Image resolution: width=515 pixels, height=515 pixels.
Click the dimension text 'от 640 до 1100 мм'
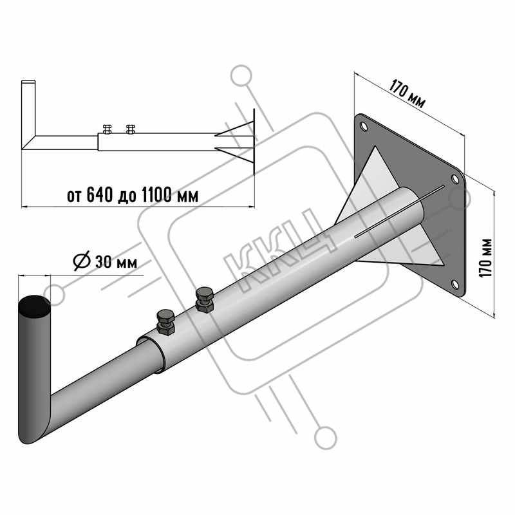pos(133,195)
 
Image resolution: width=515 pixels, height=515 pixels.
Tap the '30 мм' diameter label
pos(116,263)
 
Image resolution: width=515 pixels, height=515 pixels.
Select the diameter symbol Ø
pos(82,261)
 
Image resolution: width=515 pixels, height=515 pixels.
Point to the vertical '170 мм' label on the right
pos(485,258)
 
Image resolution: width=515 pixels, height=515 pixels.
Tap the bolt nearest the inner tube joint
pos(166,323)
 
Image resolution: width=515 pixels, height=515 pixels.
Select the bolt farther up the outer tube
pos(204,300)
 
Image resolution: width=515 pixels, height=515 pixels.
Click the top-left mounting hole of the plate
pos(364,126)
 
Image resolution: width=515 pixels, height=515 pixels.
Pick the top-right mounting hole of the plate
pos(455,179)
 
